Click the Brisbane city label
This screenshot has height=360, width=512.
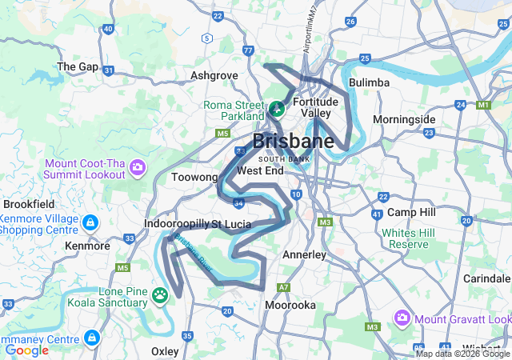(293, 142)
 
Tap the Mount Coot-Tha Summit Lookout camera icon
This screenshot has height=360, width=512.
(138, 168)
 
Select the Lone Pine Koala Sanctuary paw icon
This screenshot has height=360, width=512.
(161, 296)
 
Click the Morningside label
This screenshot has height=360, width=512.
(404, 119)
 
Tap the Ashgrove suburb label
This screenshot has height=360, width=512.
(214, 75)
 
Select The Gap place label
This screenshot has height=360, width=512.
(78, 66)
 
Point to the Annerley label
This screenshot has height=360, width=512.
(304, 254)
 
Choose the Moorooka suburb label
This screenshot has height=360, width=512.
(290, 305)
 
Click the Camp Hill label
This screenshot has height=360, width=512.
(411, 212)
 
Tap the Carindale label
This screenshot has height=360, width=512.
(486, 278)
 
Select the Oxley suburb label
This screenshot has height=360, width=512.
(165, 351)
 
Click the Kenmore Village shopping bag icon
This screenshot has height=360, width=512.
(90, 221)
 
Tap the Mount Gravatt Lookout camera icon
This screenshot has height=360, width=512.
(402, 318)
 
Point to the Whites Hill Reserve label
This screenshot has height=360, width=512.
(408, 238)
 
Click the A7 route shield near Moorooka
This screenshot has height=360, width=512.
(282, 287)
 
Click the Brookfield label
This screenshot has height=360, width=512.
(29, 204)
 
